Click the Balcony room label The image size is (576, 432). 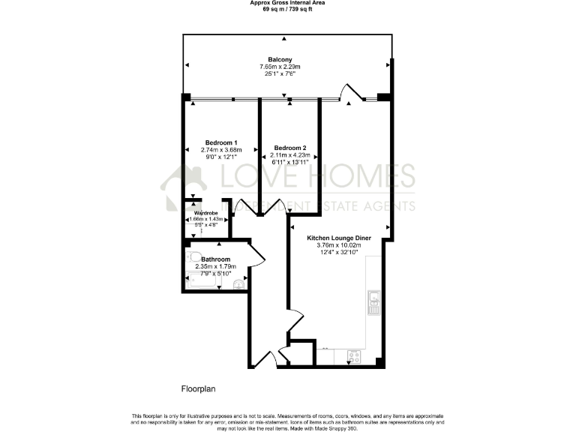pos(280,59)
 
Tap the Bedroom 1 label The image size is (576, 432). pos(221,142)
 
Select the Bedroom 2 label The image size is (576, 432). pos(289,148)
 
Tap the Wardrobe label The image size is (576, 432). pos(205,212)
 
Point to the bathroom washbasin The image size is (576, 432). pos(239,283)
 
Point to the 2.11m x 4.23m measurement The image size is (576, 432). pos(289,155)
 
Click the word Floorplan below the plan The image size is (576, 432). pos(198,389)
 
